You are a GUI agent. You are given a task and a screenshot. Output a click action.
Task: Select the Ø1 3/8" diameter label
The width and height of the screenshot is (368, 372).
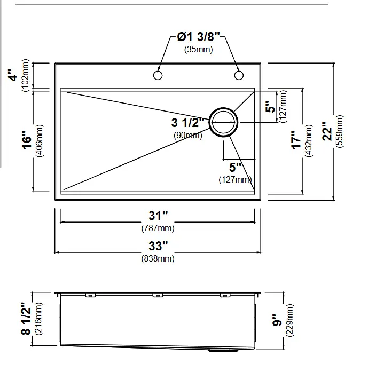199,37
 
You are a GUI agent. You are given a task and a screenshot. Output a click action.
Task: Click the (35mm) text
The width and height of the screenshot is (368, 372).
199,49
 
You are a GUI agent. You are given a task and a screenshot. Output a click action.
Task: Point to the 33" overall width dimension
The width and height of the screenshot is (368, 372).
158,246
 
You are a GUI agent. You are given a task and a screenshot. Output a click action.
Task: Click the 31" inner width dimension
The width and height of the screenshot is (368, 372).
158,216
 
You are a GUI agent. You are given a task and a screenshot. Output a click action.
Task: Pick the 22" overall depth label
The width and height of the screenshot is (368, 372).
327,131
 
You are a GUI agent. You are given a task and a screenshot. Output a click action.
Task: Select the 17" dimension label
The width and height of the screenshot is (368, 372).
296,140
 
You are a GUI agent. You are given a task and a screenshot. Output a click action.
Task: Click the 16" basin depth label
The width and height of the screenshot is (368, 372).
27,140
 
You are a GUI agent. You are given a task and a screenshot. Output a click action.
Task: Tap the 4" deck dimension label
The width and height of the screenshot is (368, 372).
14,75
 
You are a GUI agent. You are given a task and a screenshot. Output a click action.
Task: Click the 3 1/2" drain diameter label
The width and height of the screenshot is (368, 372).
188,123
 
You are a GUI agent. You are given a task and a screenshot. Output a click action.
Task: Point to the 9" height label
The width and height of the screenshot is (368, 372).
277,320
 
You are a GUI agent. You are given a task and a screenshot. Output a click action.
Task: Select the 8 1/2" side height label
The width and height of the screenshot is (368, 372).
26,319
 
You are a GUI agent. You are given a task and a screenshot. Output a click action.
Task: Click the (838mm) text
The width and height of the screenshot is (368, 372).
158,258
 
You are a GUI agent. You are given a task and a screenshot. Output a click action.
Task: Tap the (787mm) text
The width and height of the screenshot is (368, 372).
158,228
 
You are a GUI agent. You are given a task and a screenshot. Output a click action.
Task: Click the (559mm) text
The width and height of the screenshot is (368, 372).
339,131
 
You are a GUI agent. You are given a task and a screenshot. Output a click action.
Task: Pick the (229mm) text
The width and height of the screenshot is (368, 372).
290,320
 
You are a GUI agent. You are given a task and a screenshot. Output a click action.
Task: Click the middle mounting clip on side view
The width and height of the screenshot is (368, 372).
158,295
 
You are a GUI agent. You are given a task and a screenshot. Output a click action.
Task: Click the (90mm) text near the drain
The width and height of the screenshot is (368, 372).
188,135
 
